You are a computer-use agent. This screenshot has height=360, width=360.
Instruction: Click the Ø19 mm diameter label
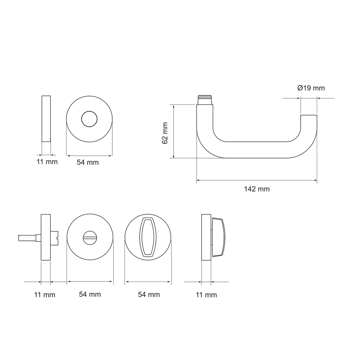tap(311, 88)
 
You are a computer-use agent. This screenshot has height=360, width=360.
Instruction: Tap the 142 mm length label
tap(257, 189)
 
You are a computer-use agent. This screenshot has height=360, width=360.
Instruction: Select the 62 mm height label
tap(165, 133)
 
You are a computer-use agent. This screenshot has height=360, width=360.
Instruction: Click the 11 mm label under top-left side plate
tap(47, 162)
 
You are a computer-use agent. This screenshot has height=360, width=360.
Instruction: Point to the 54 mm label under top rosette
tap(88, 162)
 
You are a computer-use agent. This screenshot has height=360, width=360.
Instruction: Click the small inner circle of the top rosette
tap(89, 119)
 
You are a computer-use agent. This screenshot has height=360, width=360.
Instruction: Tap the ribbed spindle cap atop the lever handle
tap(205, 100)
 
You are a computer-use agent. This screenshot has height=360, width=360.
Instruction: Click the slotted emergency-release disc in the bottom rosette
tap(90, 237)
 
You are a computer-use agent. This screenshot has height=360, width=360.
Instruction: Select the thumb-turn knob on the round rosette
tap(148, 237)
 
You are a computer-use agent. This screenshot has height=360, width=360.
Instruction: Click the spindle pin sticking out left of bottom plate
tap(30, 238)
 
